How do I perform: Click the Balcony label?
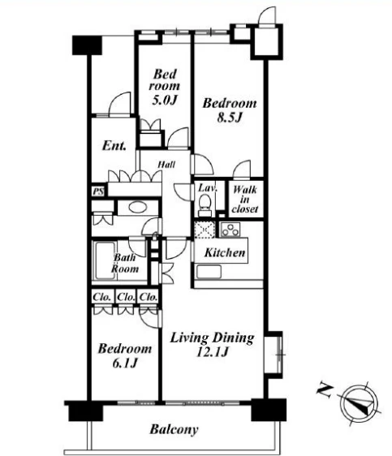tap(174, 429)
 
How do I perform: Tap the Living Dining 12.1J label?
tap(212, 345)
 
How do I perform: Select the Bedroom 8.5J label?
tap(230, 110)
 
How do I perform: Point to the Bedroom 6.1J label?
tap(125, 355)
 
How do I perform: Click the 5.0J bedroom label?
tap(165, 87)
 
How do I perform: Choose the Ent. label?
tap(114, 146)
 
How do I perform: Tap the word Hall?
tap(166, 165)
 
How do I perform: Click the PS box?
tap(99, 192)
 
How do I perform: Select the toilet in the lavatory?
tap(205, 203)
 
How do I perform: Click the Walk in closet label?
tap(245, 200)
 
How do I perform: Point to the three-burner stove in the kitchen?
tap(230, 230)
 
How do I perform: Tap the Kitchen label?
tap(225, 252)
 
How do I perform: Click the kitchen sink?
tap(209, 272)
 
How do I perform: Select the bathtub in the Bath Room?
tap(104, 261)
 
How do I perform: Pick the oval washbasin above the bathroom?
tap(137, 208)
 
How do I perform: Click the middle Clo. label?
tap(126, 297)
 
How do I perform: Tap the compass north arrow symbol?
tap(360, 404)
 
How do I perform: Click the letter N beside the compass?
tap(325, 391)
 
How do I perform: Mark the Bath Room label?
tap(125, 263)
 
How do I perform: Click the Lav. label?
tap(208, 188)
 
